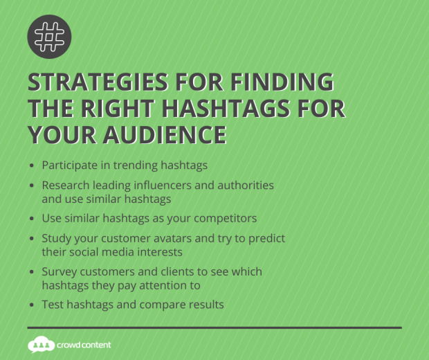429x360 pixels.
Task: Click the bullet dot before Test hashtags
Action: (x=33, y=305)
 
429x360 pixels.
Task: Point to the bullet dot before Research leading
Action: (x=33, y=186)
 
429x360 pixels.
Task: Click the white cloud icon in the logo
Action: (x=40, y=344)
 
